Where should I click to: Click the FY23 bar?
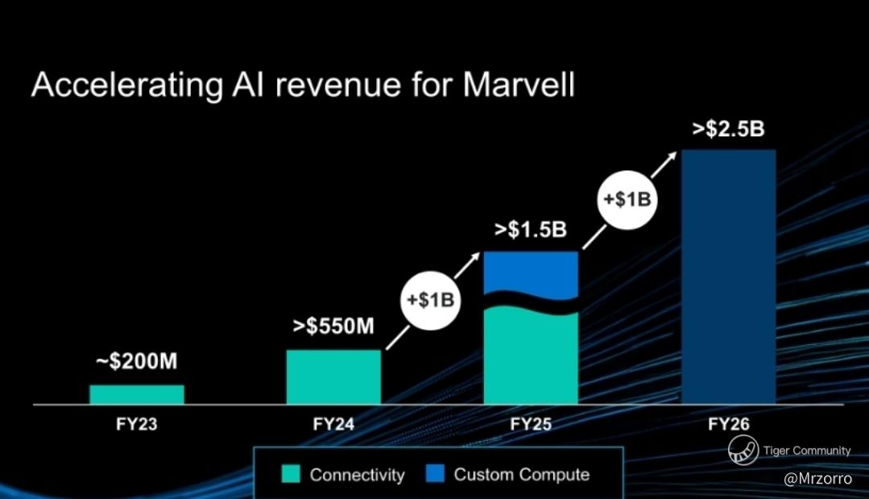(137, 394)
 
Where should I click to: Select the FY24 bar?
(333, 377)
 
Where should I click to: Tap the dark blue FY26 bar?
(728, 277)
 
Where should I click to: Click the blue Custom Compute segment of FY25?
(531, 272)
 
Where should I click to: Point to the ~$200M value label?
(137, 361)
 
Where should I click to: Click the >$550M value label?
(333, 326)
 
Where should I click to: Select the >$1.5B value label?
(531, 230)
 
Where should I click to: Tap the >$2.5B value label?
(728, 129)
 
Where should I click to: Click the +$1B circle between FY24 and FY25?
(431, 301)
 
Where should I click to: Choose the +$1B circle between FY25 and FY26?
(627, 200)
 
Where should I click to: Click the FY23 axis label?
(137, 424)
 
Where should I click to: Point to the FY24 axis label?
(333, 424)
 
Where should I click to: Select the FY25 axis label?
(531, 424)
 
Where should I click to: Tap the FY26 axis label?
(728, 424)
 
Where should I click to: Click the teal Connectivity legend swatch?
(291, 474)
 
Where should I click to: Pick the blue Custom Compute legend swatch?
(435, 473)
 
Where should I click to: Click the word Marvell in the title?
(519, 85)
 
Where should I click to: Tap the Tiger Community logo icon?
(743, 450)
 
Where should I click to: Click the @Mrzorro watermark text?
(818, 478)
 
